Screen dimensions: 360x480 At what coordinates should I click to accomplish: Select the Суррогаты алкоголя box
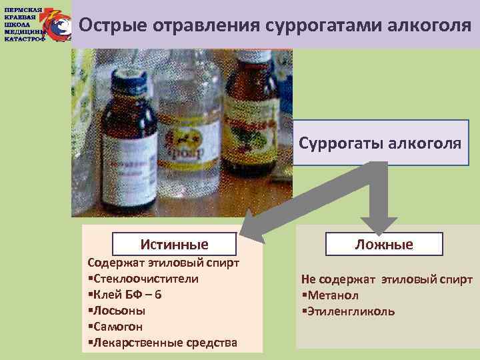pyautogui.click(x=380, y=143)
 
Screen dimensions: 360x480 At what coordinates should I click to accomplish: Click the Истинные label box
pyautogui.click(x=174, y=244)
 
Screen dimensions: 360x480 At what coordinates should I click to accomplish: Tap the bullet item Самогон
pyautogui.click(x=117, y=327)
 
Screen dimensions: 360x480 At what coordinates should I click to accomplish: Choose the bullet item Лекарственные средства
pyautogui.click(x=164, y=343)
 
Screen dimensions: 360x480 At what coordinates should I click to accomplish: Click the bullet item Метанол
pyautogui.click(x=333, y=295)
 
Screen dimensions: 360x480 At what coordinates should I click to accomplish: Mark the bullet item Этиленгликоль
pyautogui.click(x=351, y=311)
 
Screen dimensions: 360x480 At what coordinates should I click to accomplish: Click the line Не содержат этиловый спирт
pyautogui.click(x=387, y=279)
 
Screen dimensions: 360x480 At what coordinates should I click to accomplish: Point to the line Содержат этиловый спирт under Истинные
pyautogui.click(x=163, y=263)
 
